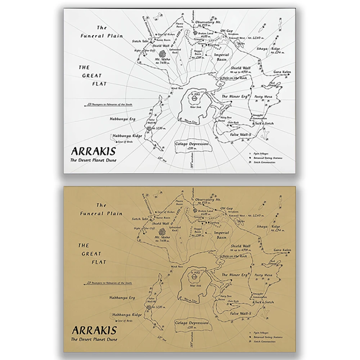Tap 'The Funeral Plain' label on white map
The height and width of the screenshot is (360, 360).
click(x=102, y=32)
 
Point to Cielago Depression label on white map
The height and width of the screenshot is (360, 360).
click(x=192, y=144)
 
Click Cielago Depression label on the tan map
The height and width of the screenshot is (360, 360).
click(x=192, y=323)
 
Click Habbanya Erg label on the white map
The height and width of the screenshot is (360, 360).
click(x=123, y=118)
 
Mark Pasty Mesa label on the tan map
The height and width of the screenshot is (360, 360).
click(x=263, y=275)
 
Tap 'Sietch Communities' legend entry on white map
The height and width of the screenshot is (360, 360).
click(x=265, y=162)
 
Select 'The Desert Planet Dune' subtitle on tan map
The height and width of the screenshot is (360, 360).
click(x=94, y=339)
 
